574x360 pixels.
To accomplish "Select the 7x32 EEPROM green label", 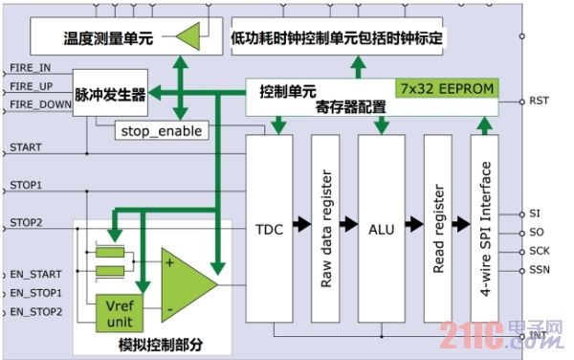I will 459,89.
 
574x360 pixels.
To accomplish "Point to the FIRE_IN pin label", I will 33,69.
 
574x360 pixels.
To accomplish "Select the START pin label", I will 25,148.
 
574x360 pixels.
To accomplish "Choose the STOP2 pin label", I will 26,222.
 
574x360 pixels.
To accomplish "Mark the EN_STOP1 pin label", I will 35,293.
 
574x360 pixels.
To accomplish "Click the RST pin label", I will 537,100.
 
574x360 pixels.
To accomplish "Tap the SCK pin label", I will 539,251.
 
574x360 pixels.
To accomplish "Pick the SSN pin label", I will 539,270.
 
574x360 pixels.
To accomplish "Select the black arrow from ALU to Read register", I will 413,226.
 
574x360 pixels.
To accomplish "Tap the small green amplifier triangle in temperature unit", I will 190,37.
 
